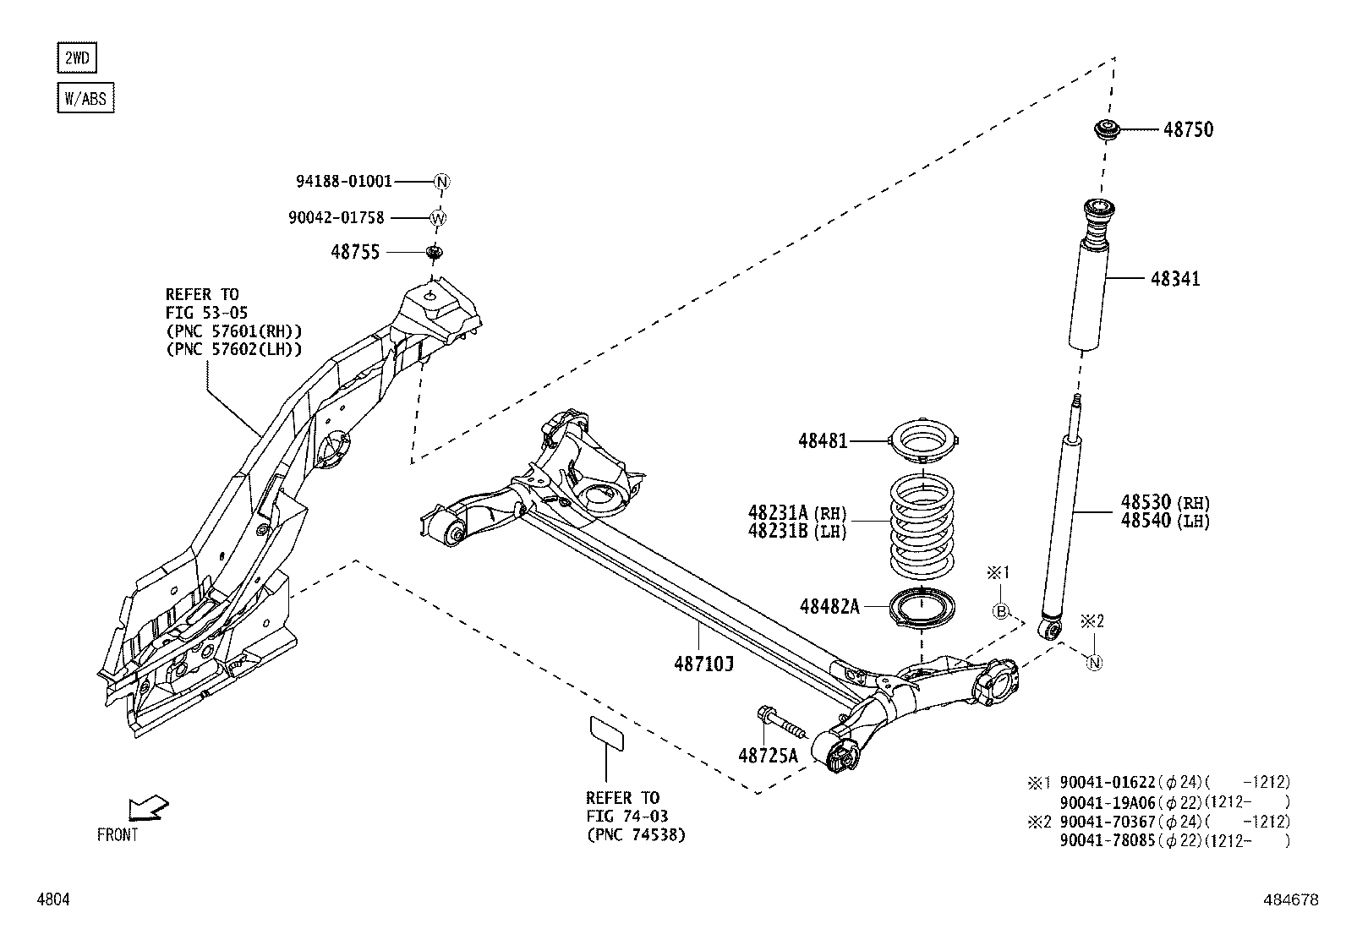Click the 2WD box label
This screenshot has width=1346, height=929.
click(x=75, y=58)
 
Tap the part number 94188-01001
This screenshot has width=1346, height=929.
click(x=344, y=181)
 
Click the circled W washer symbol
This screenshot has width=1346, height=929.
click(x=438, y=218)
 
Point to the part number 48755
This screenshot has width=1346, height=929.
click(x=355, y=252)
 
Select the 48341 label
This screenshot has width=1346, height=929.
click(x=1174, y=279)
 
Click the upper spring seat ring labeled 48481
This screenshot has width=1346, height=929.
click(x=925, y=440)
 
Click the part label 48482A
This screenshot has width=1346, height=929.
click(x=829, y=606)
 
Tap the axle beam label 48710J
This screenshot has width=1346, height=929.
click(x=703, y=664)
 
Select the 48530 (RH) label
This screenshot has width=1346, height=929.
click(x=1165, y=502)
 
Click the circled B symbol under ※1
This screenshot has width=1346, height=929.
click(x=1000, y=611)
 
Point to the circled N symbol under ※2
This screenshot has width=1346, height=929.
click(x=1094, y=662)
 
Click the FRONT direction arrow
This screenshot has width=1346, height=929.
click(x=147, y=809)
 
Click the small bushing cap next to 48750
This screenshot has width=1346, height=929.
click(x=1106, y=131)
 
